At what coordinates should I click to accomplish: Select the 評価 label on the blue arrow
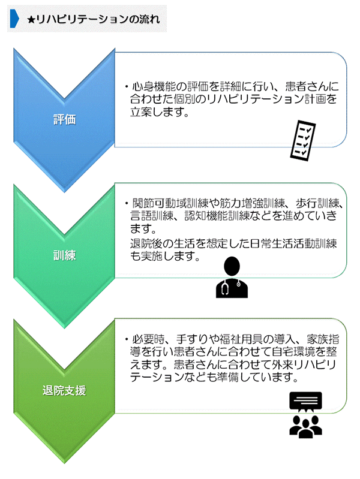coord(64,119)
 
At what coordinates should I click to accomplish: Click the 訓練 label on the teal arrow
coord(64,255)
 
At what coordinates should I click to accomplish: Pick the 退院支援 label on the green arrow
coord(64,391)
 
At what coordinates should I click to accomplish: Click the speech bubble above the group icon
coord(305,400)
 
